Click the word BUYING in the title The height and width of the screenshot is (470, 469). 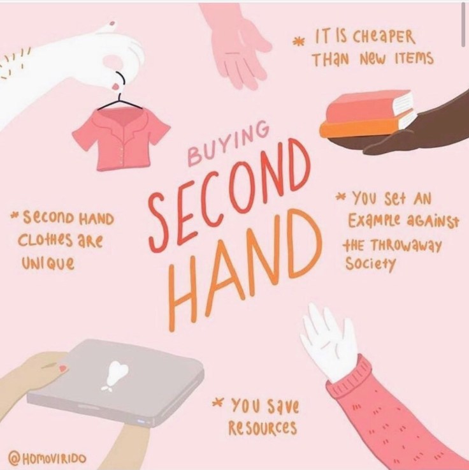click(228, 143)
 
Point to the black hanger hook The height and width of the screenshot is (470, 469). click(120, 78)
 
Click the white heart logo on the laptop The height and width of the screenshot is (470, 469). click(116, 375)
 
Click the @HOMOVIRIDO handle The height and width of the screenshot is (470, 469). click(47, 458)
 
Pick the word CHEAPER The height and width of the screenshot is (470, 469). click(384, 37)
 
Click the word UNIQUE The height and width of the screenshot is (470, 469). click(48, 263)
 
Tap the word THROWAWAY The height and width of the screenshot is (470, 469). click(407, 246)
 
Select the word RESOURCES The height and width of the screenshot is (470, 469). click(263, 427)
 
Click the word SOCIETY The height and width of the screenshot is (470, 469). click(371, 265)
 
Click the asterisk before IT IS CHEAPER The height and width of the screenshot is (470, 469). click(298, 41)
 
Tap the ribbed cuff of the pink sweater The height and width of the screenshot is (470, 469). click(350, 372)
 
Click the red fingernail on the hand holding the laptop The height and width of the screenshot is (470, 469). click(63, 367)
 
